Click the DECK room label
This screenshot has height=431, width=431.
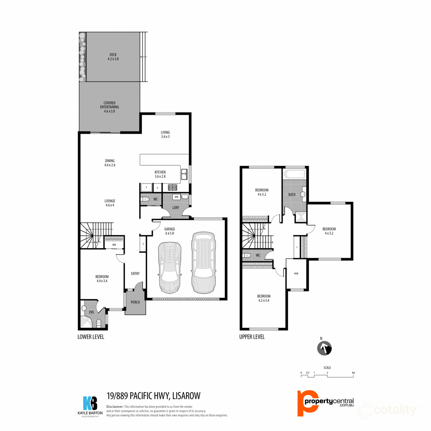point(113,57)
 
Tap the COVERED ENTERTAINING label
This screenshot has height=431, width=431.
point(110,107)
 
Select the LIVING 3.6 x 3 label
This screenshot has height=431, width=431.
point(165,134)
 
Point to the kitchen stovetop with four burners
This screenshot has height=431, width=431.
point(172,187)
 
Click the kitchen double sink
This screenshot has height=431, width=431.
point(184,175)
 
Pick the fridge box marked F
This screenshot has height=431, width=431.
point(146,187)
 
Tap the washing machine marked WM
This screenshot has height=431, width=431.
point(176,197)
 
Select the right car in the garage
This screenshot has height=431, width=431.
point(203,262)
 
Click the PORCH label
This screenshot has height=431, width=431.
point(135,302)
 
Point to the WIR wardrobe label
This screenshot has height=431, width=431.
point(114,245)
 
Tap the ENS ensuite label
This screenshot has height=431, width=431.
point(92,312)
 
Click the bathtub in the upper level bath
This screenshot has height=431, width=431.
point(295,175)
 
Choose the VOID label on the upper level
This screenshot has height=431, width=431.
point(296,274)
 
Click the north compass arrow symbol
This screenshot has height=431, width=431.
point(324,348)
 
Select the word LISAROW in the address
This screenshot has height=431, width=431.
point(186,396)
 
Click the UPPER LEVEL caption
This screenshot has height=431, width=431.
point(252,337)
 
